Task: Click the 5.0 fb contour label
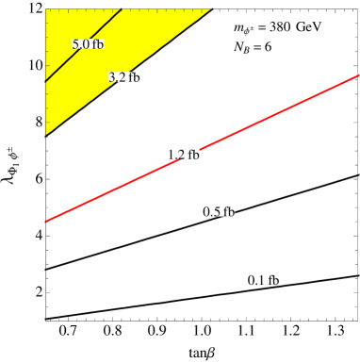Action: [88, 44]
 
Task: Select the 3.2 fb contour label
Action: [123, 77]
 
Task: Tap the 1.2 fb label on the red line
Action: [183, 155]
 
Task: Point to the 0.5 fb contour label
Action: [219, 211]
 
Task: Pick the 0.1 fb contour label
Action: [263, 280]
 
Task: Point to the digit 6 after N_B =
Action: [268, 47]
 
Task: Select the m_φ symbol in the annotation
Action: [242, 29]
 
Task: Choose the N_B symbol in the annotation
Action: [240, 47]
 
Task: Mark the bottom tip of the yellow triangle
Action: [45, 135]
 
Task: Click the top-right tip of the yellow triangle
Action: [208, 11]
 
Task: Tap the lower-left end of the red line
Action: [46, 222]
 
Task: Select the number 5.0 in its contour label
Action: [81, 44]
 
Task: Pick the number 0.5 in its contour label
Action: [212, 211]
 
